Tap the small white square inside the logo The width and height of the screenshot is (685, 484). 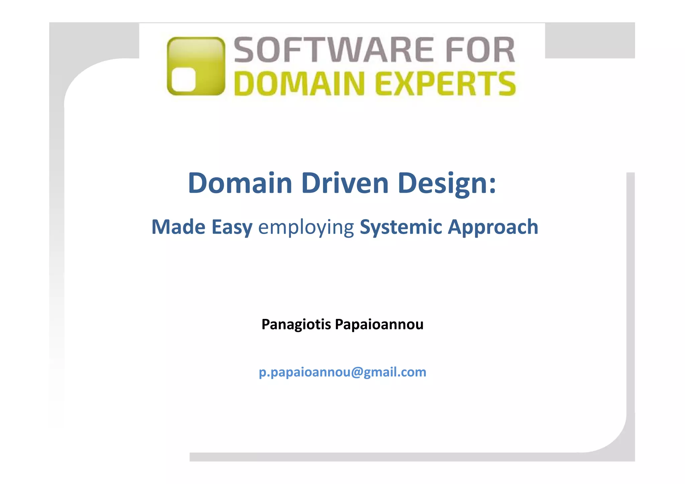[x=184, y=79]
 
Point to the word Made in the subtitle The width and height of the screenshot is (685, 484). [x=178, y=227]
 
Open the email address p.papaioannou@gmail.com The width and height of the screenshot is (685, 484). [x=342, y=372]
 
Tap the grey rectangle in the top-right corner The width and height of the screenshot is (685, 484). [x=590, y=40]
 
